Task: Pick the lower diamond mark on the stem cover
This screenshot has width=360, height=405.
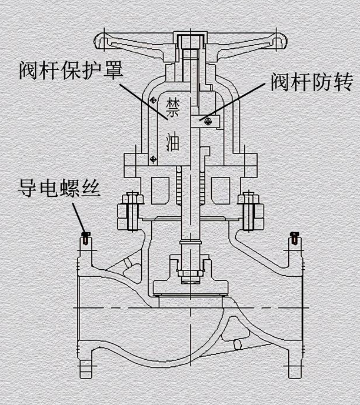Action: pyautogui.click(x=152, y=158)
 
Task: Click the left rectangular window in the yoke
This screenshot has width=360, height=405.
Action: pyautogui.click(x=159, y=191)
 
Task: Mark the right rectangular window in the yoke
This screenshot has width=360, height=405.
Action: pyautogui.click(x=220, y=191)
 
